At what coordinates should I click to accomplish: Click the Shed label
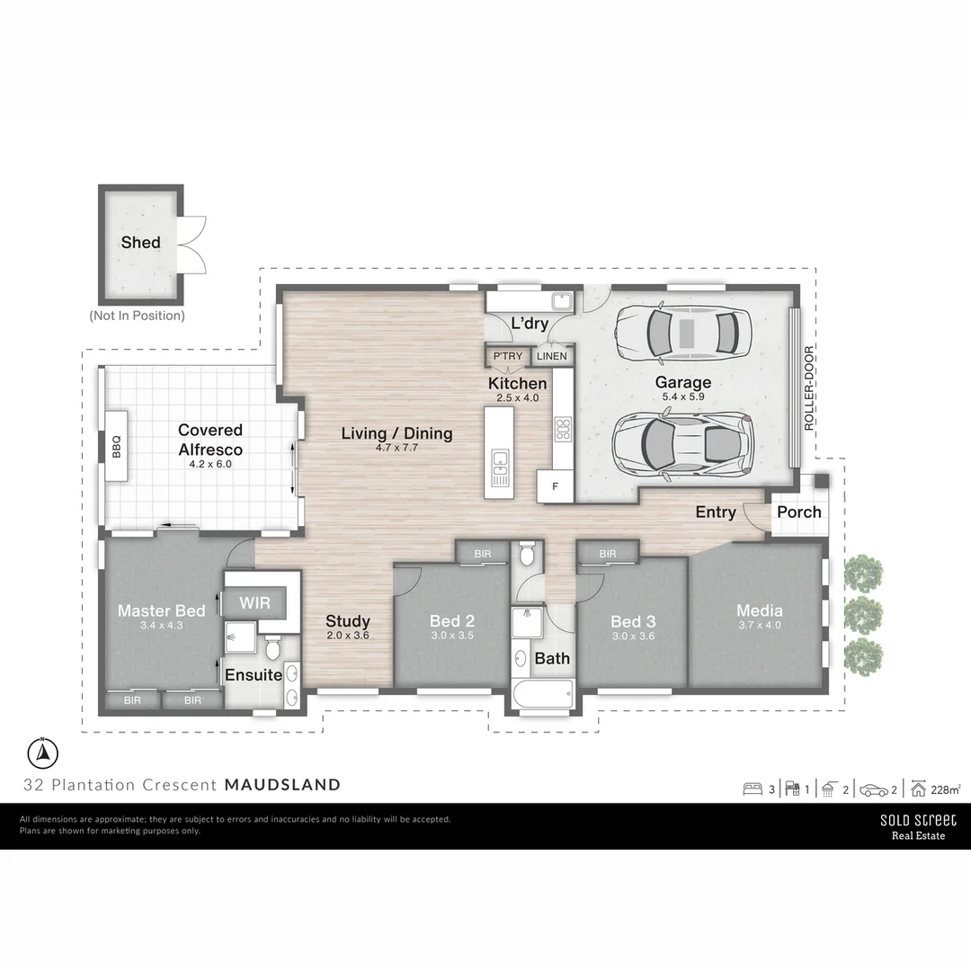[x=141, y=242]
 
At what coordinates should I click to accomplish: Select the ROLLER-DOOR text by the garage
[x=809, y=388]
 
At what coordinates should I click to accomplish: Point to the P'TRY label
[x=507, y=356]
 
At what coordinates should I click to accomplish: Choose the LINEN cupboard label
[x=551, y=356]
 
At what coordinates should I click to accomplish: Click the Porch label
[x=798, y=512]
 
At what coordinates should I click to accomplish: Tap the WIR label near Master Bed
[x=255, y=600]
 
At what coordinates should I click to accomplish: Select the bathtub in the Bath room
[x=539, y=693]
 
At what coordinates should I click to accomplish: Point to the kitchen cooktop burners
[x=564, y=428]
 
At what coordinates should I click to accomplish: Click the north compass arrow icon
[x=42, y=751]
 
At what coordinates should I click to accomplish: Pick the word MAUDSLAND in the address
[x=282, y=785]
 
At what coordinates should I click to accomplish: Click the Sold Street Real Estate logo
[x=918, y=826]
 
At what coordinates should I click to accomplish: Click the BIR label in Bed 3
[x=607, y=554]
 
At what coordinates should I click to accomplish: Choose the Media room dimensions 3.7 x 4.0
[x=760, y=626]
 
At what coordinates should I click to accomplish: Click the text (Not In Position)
[x=137, y=316]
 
